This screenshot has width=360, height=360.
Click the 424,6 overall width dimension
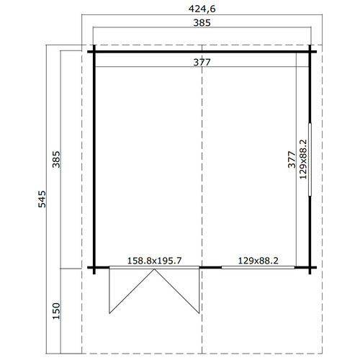202,9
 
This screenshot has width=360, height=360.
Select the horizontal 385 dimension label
202,23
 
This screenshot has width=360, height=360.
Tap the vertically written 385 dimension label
56,159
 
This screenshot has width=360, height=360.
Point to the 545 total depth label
42,199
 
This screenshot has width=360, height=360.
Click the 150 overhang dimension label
56,311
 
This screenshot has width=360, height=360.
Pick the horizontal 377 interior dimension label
202,63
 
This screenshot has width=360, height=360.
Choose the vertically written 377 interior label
292,160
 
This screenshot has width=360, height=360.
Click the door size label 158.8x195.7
154,261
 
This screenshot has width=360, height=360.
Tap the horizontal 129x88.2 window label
258,261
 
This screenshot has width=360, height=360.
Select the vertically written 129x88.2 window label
303,159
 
